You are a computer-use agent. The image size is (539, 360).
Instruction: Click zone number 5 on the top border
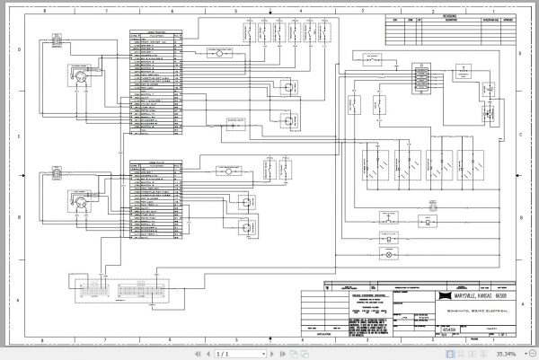click(234, 12)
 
